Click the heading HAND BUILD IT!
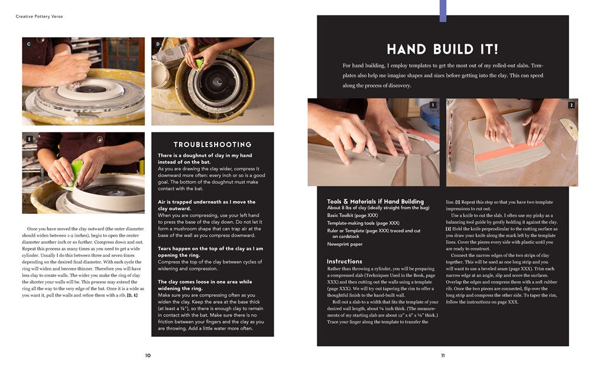pyautogui.click(x=442, y=49)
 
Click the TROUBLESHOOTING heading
pyautogui.click(x=212, y=145)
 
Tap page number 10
pyautogui.click(x=148, y=355)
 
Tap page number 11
pyautogui.click(x=443, y=355)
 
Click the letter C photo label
pyautogui.click(x=28, y=44)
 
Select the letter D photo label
pyautogui.click(x=158, y=44)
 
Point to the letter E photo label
pyautogui.click(x=28, y=140)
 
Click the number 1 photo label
pyautogui.click(x=433, y=105)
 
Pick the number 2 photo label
pyautogui.click(x=571, y=105)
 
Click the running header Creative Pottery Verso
pyautogui.click(x=39, y=17)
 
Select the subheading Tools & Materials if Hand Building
pyautogui.click(x=375, y=201)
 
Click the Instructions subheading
pyautogui.click(x=344, y=261)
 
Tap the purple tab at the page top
pyautogui.click(x=443, y=11)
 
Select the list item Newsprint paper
pyautogui.click(x=345, y=244)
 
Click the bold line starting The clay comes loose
pyautogui.click(x=204, y=281)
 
